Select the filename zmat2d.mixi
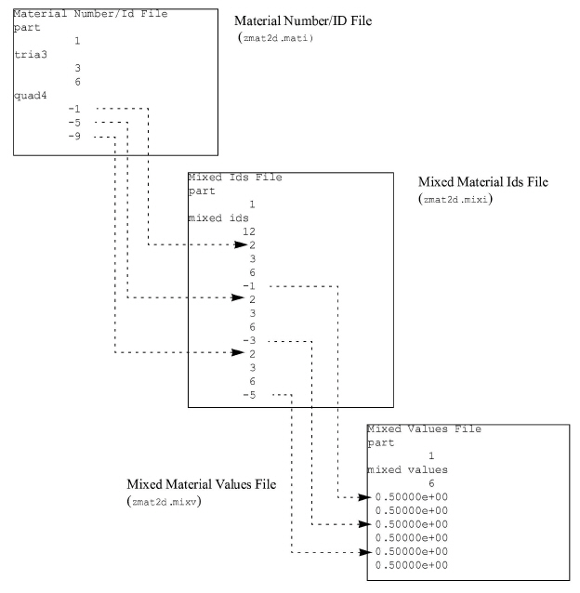coord(455,199)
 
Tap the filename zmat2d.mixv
coord(165,502)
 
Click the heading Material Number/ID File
coord(303,20)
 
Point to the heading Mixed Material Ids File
coord(482,182)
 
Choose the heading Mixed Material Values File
coord(201,484)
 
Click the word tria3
coord(31,55)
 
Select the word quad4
coord(31,96)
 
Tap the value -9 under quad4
coord(74,136)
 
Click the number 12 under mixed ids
coord(249,231)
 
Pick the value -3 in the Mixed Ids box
coord(249,340)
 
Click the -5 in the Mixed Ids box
coord(249,395)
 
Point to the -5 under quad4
coord(74,123)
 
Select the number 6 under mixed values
coord(431,483)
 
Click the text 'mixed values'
coord(408,469)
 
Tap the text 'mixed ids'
coord(218,217)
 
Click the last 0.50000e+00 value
coord(412,565)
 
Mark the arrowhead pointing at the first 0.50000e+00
coord(364,497)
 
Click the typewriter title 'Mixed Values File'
coord(424,428)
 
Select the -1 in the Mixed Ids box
coord(249,286)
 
